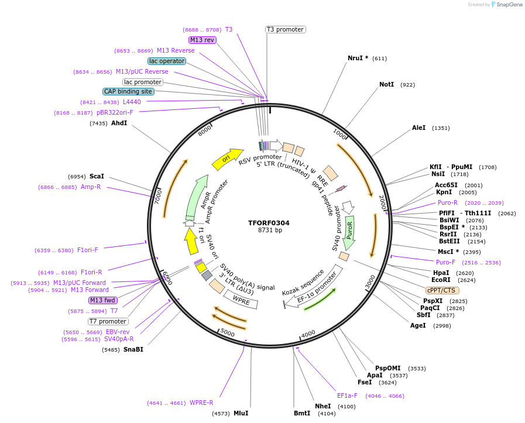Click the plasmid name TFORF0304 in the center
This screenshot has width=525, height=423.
coord(268,223)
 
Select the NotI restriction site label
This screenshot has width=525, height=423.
coord(386,85)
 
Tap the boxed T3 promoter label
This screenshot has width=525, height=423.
coord(285,29)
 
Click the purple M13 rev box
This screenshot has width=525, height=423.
coord(203,40)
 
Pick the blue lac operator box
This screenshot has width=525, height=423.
coord(167,61)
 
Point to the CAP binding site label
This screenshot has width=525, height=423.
coord(128,91)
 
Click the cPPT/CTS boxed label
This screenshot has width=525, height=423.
coord(442,290)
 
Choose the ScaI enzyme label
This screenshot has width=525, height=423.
coord(97,176)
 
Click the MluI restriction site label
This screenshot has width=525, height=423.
coord(241,413)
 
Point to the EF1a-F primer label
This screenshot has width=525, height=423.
coord(347,396)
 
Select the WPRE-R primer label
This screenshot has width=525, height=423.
coord(201,403)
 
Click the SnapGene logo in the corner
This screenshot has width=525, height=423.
coord(506,5)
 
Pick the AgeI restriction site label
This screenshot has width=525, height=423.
coord(418,325)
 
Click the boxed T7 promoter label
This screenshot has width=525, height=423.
coord(108,321)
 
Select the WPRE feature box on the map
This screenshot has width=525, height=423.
coord(241,300)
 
